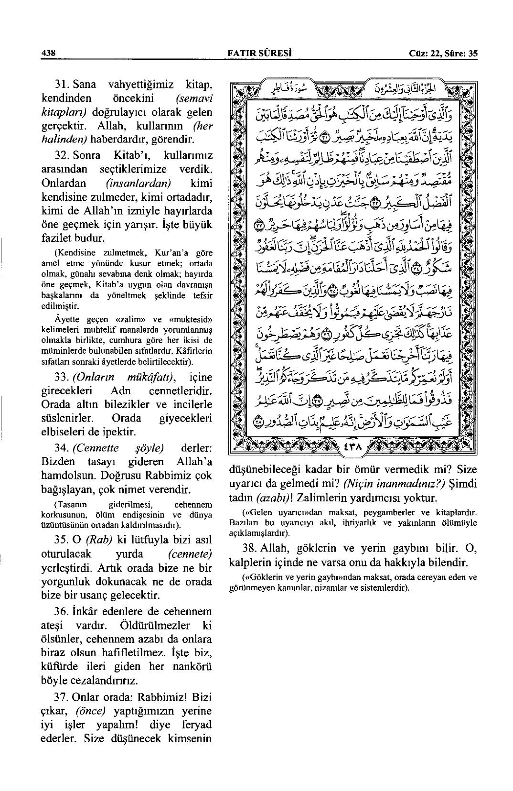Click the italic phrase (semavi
click(193, 99)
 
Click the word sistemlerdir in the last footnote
click(386, 588)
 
